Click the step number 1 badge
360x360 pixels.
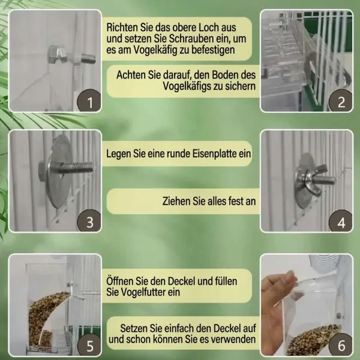[x=89, y=101]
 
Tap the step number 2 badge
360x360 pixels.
[x=341, y=101]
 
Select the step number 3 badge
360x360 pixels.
[x=89, y=221]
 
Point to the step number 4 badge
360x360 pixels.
[x=341, y=221]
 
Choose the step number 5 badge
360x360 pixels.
[x=89, y=345]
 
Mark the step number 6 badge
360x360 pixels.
[x=341, y=345]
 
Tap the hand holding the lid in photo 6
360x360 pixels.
[x=274, y=310]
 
